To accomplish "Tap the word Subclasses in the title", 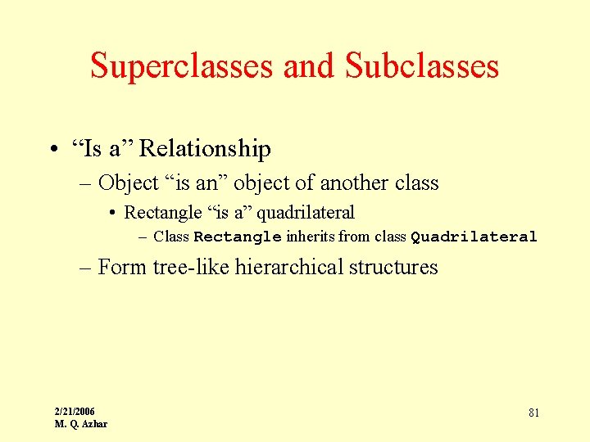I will tap(422, 65).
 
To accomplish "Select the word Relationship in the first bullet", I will tap(205, 149).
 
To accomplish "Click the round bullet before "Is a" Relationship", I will tap(52, 150).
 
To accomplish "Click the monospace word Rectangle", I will tap(238, 237).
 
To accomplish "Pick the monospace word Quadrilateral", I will tap(474, 237).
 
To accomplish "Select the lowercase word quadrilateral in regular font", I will tap(306, 213).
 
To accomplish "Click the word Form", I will tap(122, 267).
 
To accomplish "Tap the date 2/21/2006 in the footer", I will tap(75, 411).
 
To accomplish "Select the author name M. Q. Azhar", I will tap(80, 424).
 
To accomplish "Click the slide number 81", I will tap(533, 413).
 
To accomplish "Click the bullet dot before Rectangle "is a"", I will tap(111, 214).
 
